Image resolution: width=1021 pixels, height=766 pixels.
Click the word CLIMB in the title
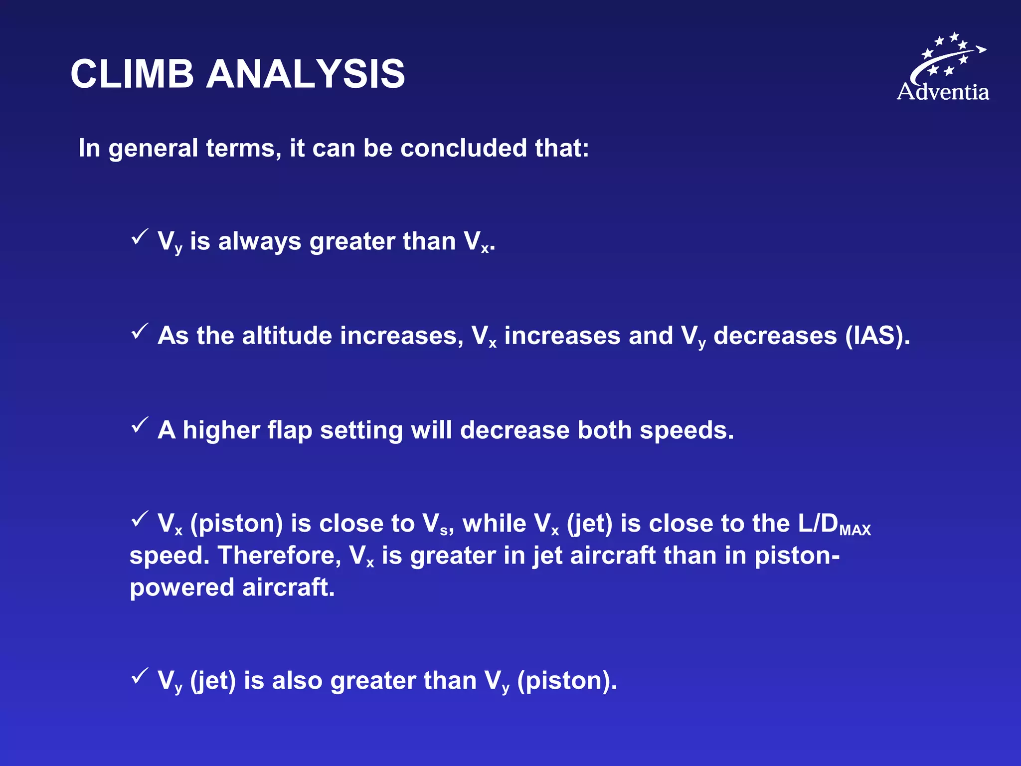[132, 74]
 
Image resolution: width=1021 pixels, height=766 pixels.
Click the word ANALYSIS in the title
[306, 74]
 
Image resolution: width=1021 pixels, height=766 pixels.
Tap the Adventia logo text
[943, 92]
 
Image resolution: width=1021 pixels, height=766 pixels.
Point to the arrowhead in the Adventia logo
[981, 49]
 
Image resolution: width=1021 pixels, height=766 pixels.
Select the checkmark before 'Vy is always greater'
[140, 236]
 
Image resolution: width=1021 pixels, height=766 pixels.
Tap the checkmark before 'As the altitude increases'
[140, 331]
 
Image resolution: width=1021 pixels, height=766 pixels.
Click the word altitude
[287, 336]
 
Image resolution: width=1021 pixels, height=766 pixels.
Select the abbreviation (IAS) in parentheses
[877, 336]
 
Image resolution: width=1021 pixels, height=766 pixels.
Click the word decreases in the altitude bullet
[775, 336]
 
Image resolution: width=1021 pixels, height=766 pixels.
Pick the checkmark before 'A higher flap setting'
[140, 425]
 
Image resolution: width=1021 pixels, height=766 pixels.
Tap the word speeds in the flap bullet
[686, 430]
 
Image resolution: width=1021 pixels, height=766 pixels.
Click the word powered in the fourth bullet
[182, 587]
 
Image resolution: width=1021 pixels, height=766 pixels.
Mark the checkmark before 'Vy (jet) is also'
[140, 676]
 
